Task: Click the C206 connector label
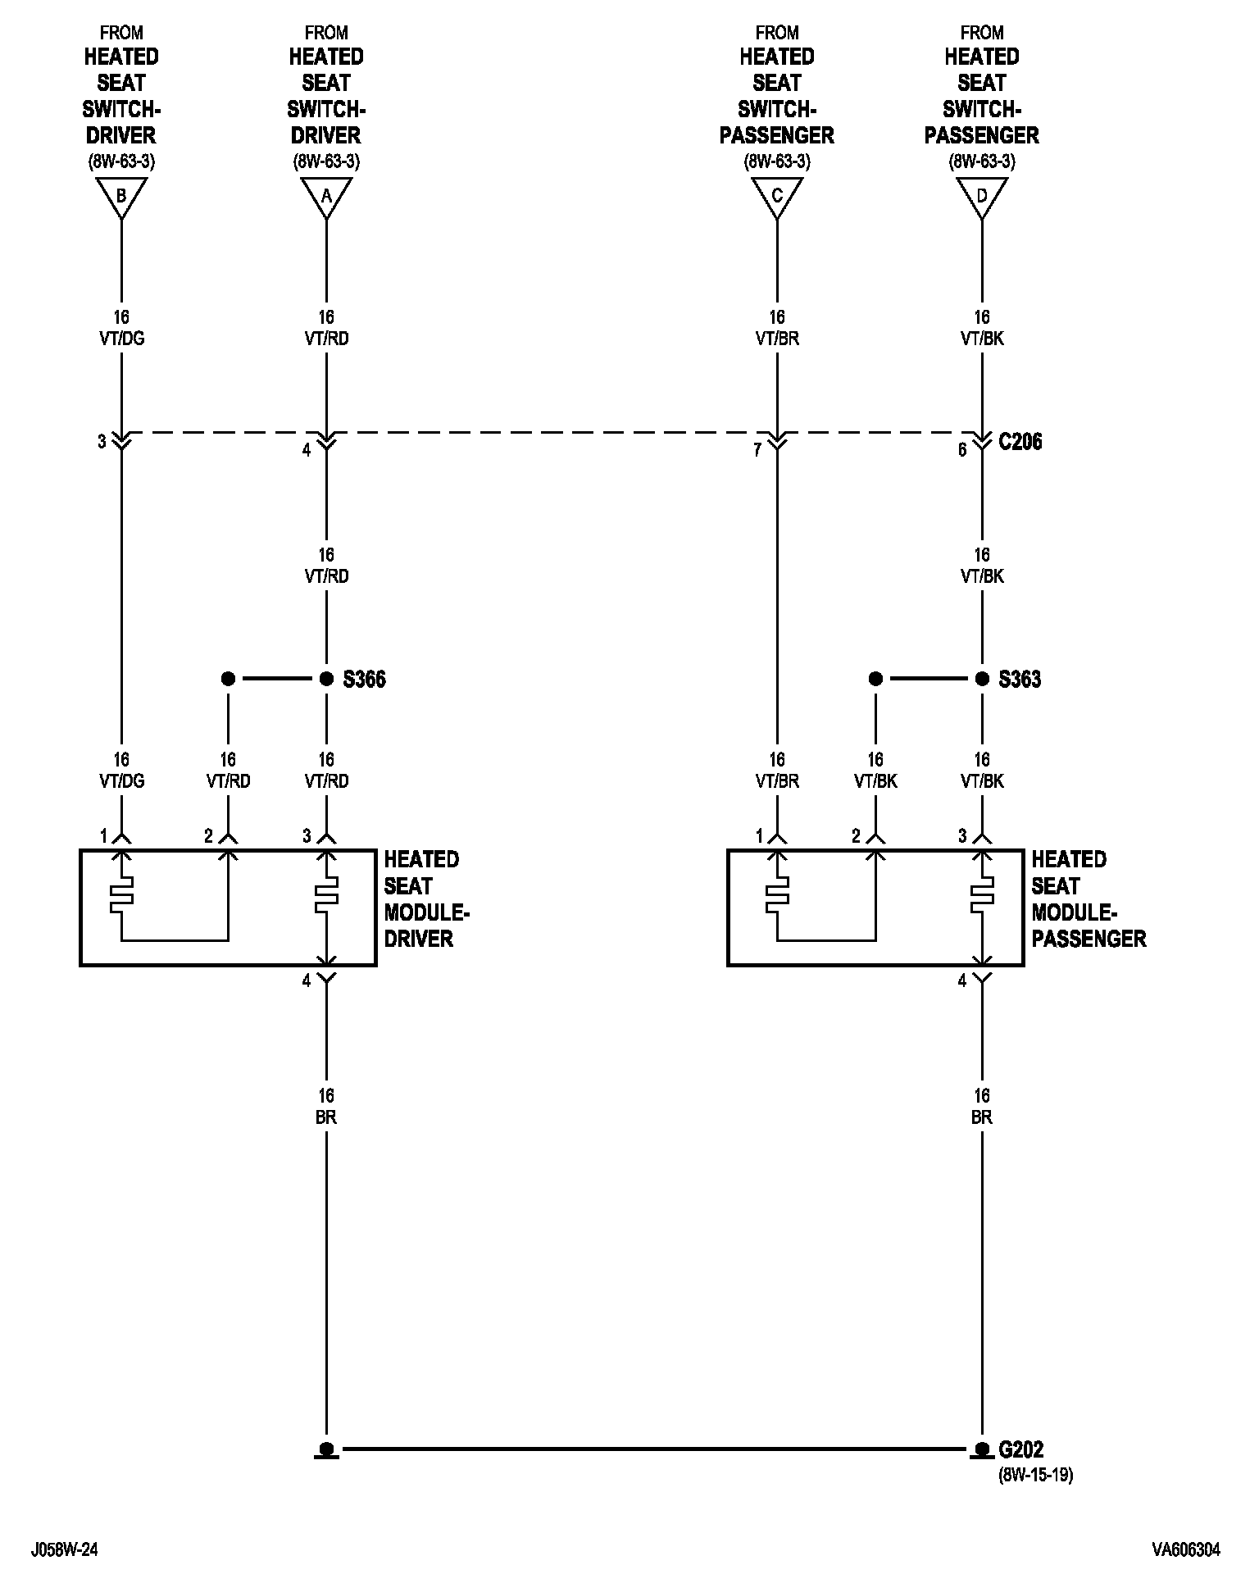click(1020, 442)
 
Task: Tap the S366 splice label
click(364, 680)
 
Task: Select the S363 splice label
click(1020, 680)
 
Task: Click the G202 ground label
click(1020, 1449)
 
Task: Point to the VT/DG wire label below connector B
click(121, 339)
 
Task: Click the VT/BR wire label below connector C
click(777, 339)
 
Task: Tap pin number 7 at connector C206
click(757, 450)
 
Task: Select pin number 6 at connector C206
click(962, 450)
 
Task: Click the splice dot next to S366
click(326, 679)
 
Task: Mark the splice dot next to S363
click(982, 679)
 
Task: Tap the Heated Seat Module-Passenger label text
click(1088, 899)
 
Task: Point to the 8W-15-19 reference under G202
click(1035, 1475)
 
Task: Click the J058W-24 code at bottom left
click(66, 1549)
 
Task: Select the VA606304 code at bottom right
click(1185, 1549)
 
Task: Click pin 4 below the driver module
click(307, 980)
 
